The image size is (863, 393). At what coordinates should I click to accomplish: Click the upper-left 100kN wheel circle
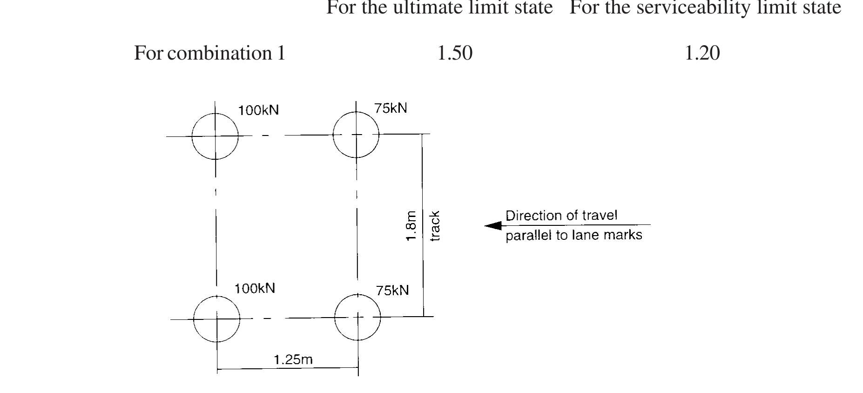pyautogui.click(x=192, y=136)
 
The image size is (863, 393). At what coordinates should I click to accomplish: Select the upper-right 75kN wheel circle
pyautogui.click(x=333, y=135)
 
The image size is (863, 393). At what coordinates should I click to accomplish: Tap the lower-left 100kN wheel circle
pyautogui.click(x=194, y=319)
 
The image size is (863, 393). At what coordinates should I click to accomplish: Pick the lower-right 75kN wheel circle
pyautogui.click(x=335, y=317)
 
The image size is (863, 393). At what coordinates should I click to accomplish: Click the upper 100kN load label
pyautogui.click(x=258, y=110)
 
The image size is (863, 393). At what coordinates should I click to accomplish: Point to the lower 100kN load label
pyautogui.click(x=255, y=288)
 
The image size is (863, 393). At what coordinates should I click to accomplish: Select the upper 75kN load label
pyautogui.click(x=391, y=108)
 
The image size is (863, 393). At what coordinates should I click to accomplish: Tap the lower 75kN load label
pyautogui.click(x=392, y=291)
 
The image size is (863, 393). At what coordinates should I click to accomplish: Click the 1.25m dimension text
pyautogui.click(x=293, y=359)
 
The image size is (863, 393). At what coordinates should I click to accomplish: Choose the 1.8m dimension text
pyautogui.click(x=411, y=226)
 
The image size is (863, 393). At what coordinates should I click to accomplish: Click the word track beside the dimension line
pyautogui.click(x=434, y=226)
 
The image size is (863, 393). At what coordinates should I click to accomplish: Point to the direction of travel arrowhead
pyautogui.click(x=493, y=226)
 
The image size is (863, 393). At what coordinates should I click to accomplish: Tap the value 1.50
pyautogui.click(x=455, y=53)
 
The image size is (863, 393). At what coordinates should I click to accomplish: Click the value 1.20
pyautogui.click(x=702, y=53)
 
